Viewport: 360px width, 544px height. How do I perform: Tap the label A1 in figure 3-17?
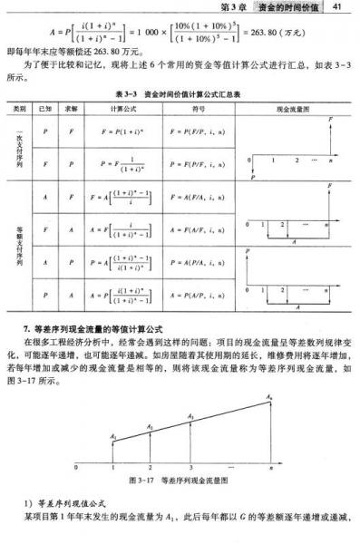pyautogui.click(x=112, y=437)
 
